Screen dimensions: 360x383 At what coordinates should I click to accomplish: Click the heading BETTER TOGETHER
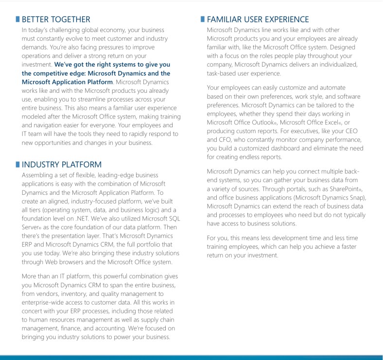[56, 19]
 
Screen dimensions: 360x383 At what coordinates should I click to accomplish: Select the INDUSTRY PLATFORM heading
[62, 165]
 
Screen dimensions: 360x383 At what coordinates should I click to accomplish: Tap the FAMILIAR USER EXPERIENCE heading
[258, 19]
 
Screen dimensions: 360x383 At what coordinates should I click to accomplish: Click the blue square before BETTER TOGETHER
[18, 19]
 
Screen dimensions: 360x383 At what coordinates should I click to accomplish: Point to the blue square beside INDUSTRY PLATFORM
[18, 165]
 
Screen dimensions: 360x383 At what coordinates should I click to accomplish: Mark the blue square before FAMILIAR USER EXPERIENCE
[203, 19]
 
